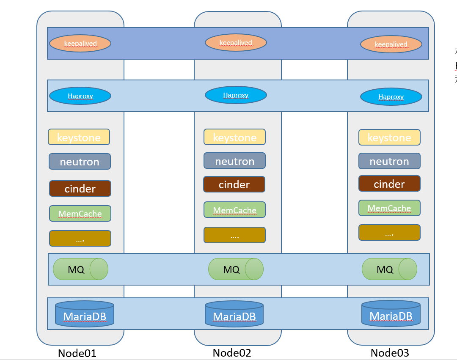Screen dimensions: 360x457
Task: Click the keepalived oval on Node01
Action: click(x=80, y=43)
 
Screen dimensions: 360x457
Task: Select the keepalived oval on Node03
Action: click(x=391, y=44)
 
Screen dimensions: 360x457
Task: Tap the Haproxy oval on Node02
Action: click(x=236, y=95)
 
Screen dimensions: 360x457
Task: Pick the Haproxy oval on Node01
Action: click(x=80, y=96)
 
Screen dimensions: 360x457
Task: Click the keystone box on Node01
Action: click(x=79, y=137)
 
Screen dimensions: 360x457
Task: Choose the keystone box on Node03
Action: click(x=389, y=137)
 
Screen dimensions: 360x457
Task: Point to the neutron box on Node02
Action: click(x=234, y=161)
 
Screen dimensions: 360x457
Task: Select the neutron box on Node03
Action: click(x=389, y=161)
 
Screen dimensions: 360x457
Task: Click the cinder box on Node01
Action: click(x=80, y=189)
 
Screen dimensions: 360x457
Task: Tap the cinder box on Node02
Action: click(x=234, y=184)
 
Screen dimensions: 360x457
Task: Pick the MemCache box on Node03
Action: click(x=389, y=208)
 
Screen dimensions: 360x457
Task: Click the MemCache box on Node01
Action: click(x=80, y=213)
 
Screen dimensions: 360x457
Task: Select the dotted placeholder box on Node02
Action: click(x=234, y=235)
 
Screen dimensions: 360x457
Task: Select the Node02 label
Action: click(x=232, y=353)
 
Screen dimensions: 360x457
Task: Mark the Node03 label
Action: click(x=390, y=353)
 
